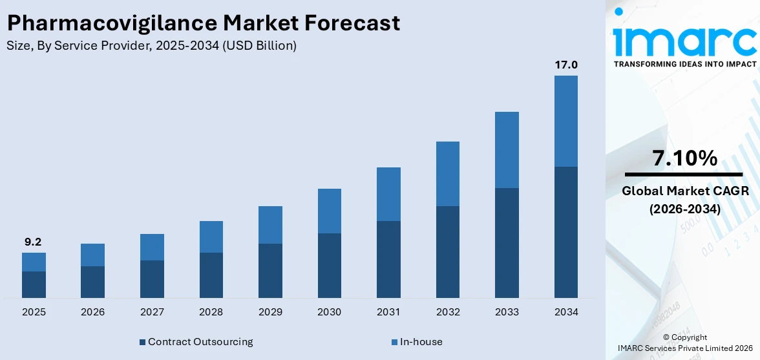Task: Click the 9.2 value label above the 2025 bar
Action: (34, 242)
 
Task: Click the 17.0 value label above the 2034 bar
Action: (565, 65)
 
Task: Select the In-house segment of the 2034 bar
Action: (565, 121)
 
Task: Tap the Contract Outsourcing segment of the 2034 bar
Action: (565, 232)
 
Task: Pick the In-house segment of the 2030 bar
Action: (329, 211)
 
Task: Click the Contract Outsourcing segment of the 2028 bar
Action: (211, 275)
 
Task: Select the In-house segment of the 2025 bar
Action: (34, 262)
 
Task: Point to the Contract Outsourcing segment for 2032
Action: (447, 251)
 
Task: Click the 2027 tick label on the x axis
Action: (152, 312)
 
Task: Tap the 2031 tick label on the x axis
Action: (388, 312)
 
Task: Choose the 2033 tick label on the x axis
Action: (507, 312)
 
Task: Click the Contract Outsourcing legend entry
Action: (200, 341)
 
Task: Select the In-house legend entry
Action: (420, 341)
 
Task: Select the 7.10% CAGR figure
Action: (684, 158)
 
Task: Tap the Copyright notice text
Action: (684, 337)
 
